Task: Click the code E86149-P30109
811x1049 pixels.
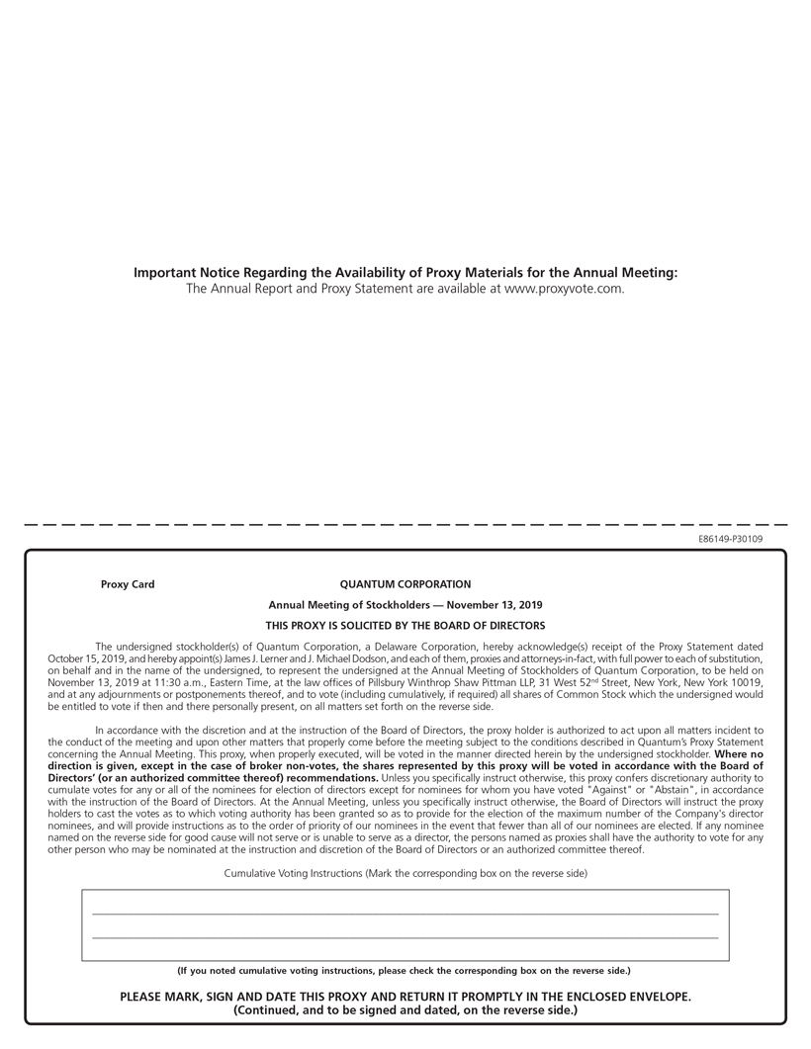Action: tap(730, 539)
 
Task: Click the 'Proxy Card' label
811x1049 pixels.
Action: tap(128, 584)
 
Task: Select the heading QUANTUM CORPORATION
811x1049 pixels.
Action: tap(405, 584)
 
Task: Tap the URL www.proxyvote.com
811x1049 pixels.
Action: tap(564, 289)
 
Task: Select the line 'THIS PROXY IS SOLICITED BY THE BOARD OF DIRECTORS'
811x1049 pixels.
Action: tap(405, 625)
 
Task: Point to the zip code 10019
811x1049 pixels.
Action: tap(745, 682)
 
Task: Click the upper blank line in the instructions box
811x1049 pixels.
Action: tap(405, 914)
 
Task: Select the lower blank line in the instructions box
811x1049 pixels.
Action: tap(405, 936)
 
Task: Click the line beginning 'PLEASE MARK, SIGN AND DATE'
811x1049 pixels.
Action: tap(405, 997)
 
